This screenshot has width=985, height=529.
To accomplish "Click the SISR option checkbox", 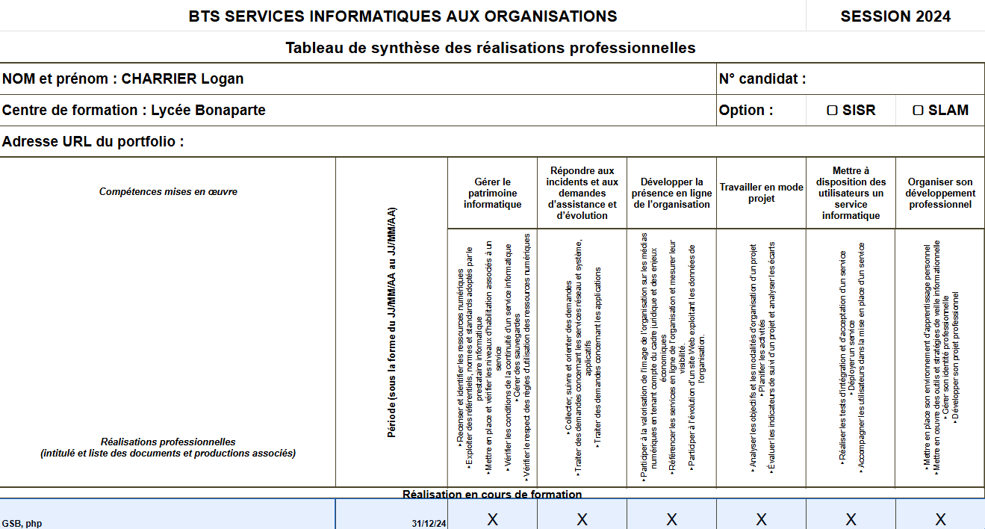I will click(832, 111).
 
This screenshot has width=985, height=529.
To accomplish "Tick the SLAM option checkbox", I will click(918, 111).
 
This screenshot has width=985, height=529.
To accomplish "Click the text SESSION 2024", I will click(895, 16).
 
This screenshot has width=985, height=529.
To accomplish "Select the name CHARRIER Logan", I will click(182, 79).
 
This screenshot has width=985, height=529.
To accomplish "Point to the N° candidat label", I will click(762, 79).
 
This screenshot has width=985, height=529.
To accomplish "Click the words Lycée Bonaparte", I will click(208, 111).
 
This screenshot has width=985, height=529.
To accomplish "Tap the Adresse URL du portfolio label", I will click(93, 142).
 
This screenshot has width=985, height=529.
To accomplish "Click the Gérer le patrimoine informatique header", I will click(492, 193).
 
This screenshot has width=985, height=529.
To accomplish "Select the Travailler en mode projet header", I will click(761, 193).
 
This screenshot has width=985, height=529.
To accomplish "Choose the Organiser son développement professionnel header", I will click(940, 193).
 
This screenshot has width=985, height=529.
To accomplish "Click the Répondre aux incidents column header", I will click(582, 193).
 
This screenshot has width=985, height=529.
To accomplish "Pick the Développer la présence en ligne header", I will click(671, 193).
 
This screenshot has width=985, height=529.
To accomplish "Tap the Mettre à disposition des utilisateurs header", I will click(851, 193).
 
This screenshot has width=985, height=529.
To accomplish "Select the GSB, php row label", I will click(22, 523).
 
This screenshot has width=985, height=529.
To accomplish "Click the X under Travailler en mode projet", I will click(761, 519).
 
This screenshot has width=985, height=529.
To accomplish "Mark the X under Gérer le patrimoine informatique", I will click(492, 519).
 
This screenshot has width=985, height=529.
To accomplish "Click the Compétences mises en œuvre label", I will click(168, 192).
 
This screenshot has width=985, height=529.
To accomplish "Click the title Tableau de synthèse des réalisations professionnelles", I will click(491, 48).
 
